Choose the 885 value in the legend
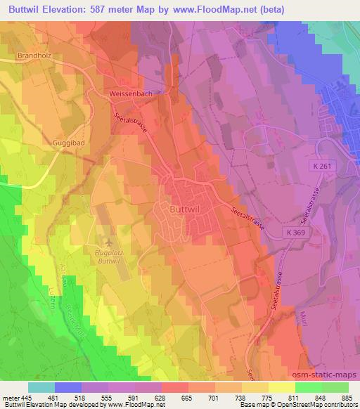pos(347,397)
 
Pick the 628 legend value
pos(161,397)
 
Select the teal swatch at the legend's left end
pos(41,387)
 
